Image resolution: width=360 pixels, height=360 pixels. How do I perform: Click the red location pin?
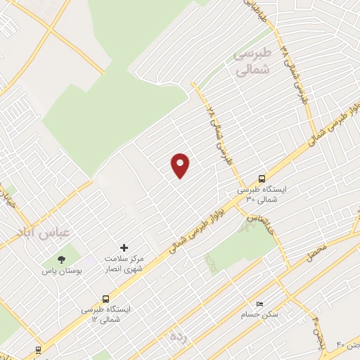click(181, 165)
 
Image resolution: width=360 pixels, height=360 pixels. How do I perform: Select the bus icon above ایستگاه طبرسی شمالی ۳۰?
click(262, 179)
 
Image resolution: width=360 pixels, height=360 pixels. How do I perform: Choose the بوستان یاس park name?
click(62, 271)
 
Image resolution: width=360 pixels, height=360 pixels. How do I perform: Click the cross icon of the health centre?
click(124, 247)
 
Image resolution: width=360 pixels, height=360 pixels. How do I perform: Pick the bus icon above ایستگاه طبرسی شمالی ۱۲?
click(105, 298)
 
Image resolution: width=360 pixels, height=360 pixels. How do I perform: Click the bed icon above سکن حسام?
click(259, 303)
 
